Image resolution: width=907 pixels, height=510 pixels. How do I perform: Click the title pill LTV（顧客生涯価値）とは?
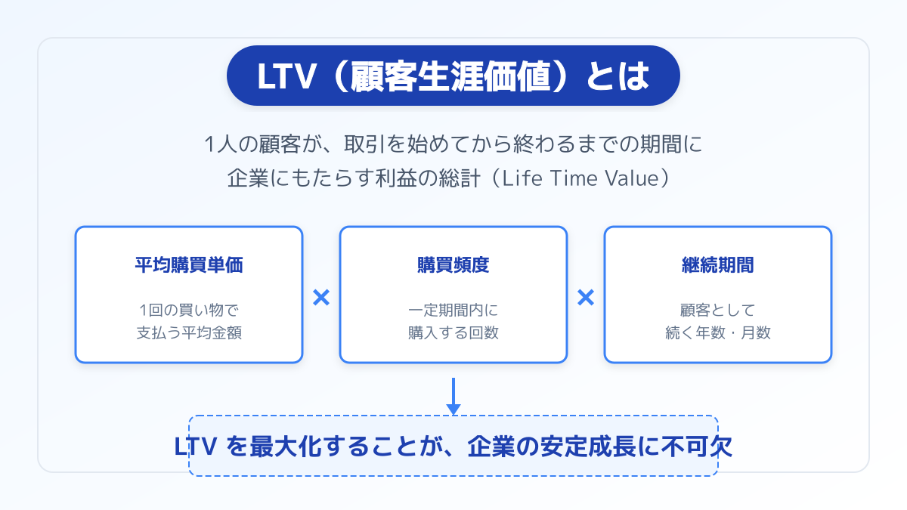453,76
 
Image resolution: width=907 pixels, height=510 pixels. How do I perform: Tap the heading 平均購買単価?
189,265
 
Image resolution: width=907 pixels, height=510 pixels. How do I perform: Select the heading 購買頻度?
453,265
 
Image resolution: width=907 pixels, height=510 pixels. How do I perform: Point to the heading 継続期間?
718,265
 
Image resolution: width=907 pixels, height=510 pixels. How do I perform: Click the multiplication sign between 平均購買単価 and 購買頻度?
321,298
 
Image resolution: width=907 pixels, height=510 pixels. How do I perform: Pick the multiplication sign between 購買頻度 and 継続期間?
586,298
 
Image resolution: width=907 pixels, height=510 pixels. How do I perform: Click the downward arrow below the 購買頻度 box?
453,396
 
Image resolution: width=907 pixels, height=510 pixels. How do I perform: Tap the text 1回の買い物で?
189,310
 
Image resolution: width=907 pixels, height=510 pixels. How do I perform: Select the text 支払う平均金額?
189,332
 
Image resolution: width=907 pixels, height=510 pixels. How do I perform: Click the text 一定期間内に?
453,310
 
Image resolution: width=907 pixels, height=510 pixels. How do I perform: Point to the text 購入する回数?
453,332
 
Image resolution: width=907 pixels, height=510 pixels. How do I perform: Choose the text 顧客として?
718,310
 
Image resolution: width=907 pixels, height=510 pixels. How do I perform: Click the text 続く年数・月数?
718,332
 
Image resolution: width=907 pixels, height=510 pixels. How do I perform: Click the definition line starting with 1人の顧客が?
453,143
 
